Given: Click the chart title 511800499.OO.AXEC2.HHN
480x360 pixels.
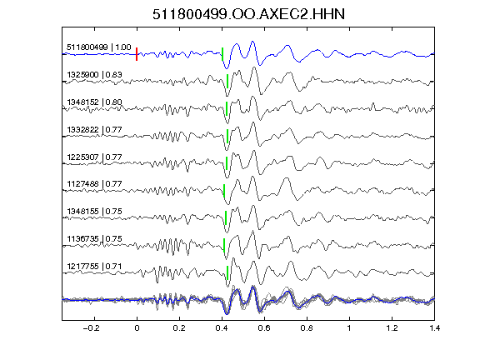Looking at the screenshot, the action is tap(248, 14).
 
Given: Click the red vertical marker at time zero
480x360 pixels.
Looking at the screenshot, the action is tap(137, 54).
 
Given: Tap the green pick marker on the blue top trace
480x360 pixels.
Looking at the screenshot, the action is tap(222, 54).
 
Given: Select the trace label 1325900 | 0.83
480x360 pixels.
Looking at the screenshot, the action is tap(94, 75).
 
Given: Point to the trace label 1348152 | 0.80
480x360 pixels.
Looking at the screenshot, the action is tap(94, 102).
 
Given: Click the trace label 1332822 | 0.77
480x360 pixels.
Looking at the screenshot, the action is tap(94, 129).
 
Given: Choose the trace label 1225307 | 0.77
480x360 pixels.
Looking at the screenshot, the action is tap(94, 157).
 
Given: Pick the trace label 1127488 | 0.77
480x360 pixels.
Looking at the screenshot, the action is tap(94, 184).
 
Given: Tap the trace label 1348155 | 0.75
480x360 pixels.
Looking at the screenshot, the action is tap(94, 212).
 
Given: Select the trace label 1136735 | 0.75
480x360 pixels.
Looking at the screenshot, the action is tap(94, 239).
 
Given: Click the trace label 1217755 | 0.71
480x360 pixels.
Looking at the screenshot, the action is tap(94, 267).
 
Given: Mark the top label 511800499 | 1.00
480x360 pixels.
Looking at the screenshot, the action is tap(99, 47).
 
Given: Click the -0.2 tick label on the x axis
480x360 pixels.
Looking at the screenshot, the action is tap(91, 328).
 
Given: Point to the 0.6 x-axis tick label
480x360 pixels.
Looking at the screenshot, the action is tap(264, 328).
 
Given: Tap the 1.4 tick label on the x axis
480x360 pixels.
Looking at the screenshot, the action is tap(434, 328).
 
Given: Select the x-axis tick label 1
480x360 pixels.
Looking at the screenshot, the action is tap(349, 328).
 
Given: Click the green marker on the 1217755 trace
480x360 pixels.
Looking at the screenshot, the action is tap(227, 272).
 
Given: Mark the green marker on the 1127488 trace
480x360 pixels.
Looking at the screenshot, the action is tap(224, 191).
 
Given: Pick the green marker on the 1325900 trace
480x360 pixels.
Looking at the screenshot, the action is tap(227, 82).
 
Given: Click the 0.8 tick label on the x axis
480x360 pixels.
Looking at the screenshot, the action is tap(307, 328).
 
